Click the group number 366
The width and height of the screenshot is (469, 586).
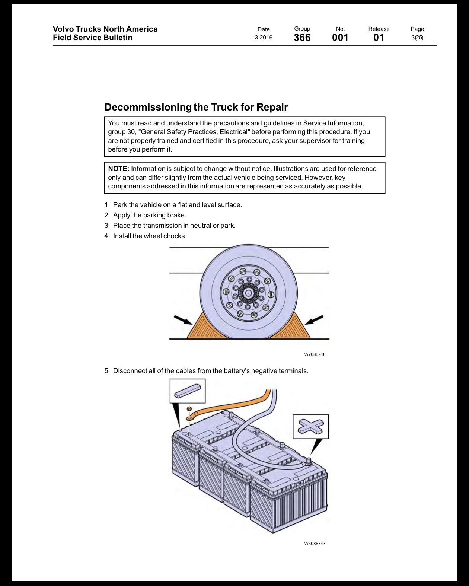(x=302, y=38)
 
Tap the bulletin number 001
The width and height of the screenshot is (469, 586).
(x=340, y=38)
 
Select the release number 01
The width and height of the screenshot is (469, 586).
(x=379, y=38)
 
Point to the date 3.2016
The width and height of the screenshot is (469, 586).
(x=264, y=38)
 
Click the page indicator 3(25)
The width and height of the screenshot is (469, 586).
(x=417, y=38)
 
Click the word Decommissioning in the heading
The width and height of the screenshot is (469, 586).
(x=148, y=107)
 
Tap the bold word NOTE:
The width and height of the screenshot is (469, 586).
(x=118, y=169)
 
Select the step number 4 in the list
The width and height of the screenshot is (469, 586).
(x=106, y=236)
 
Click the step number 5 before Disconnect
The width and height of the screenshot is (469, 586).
(x=106, y=370)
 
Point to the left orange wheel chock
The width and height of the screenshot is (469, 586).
(x=206, y=328)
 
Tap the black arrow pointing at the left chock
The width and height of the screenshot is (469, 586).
(x=183, y=320)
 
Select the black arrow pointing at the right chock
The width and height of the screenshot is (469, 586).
(x=314, y=320)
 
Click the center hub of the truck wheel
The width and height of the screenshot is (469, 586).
(x=248, y=293)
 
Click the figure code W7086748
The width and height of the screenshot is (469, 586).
(x=315, y=354)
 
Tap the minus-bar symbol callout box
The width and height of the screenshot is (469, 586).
(x=187, y=391)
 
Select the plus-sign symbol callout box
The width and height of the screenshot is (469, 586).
(x=310, y=426)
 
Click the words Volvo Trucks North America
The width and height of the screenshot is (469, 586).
(x=105, y=29)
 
